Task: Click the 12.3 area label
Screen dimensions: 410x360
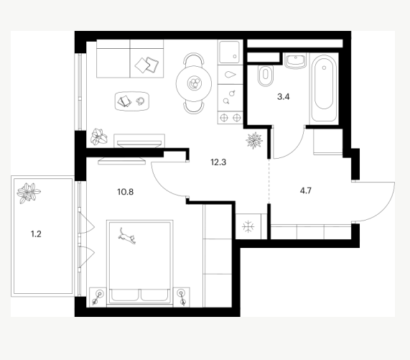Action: point(218,162)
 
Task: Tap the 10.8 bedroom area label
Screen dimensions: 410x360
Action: point(126,192)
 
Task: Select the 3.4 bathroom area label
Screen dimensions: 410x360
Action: point(284,97)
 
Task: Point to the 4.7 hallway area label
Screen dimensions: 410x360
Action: point(306,190)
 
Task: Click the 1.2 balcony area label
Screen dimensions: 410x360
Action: point(36,234)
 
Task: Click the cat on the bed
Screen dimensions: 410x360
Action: point(127,236)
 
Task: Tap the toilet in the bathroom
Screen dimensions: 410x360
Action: point(266,75)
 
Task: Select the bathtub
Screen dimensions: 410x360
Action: point(324,88)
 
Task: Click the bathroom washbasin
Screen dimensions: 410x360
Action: point(295,60)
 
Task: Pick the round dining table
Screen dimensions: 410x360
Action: point(194,84)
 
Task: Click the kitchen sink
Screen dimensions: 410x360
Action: point(230,52)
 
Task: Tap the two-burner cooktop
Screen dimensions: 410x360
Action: point(230,117)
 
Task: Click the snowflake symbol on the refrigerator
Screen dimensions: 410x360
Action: point(248,226)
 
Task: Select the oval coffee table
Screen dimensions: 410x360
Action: point(132,101)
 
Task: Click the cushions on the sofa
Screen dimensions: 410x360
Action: point(147,65)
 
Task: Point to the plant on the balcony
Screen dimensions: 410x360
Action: point(28,193)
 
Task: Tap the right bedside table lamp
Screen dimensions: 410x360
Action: point(182,297)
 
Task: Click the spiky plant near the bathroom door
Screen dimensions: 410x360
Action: point(254,141)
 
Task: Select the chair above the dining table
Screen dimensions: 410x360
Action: point(194,59)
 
